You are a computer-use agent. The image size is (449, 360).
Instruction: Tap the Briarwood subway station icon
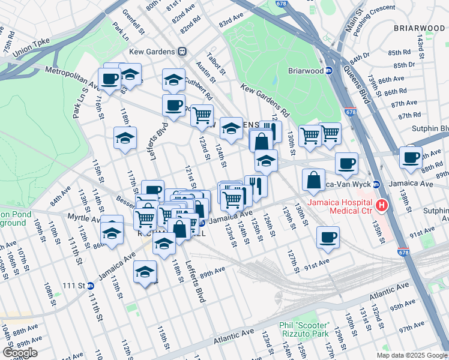tap(329, 70)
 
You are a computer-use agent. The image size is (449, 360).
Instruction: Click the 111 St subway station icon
tap(90, 286)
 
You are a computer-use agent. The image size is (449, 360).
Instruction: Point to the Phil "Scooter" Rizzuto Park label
tap(304, 329)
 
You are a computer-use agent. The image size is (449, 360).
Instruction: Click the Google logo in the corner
tap(20, 353)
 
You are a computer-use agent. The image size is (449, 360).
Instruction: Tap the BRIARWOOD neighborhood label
tap(420, 28)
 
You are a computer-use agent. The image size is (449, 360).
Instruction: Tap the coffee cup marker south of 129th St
tap(328, 238)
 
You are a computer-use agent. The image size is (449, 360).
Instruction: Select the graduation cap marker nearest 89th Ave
tap(144, 272)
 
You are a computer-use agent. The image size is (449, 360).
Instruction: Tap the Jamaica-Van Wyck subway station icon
tap(376, 184)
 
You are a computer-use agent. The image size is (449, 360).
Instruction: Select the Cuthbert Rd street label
tap(199, 88)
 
